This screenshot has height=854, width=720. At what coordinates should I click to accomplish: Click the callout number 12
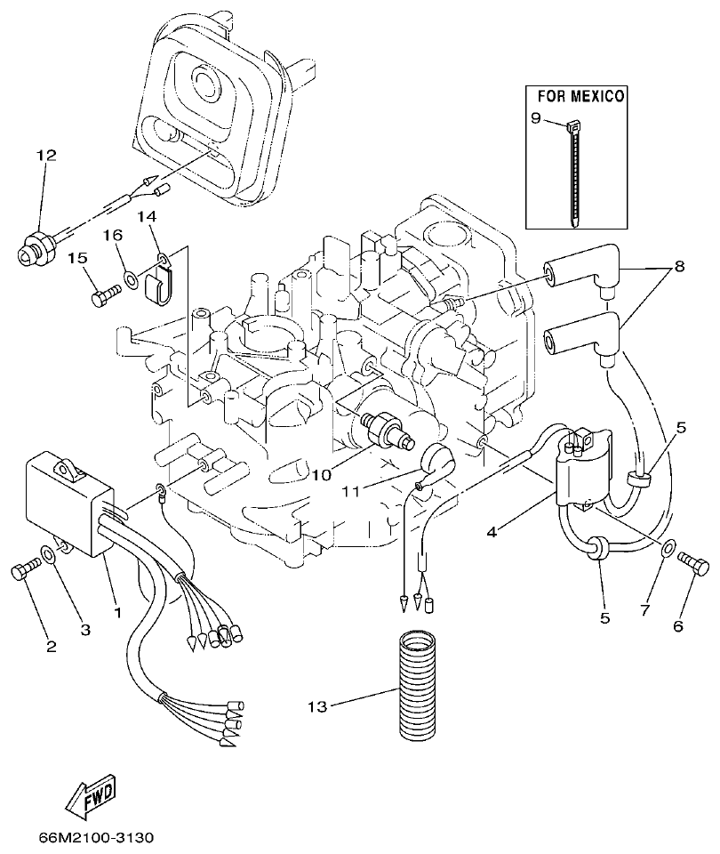pos(46,156)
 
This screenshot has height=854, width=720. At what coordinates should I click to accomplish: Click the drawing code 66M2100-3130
pos(97,838)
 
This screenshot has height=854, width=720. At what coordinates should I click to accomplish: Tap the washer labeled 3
pos(54,555)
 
